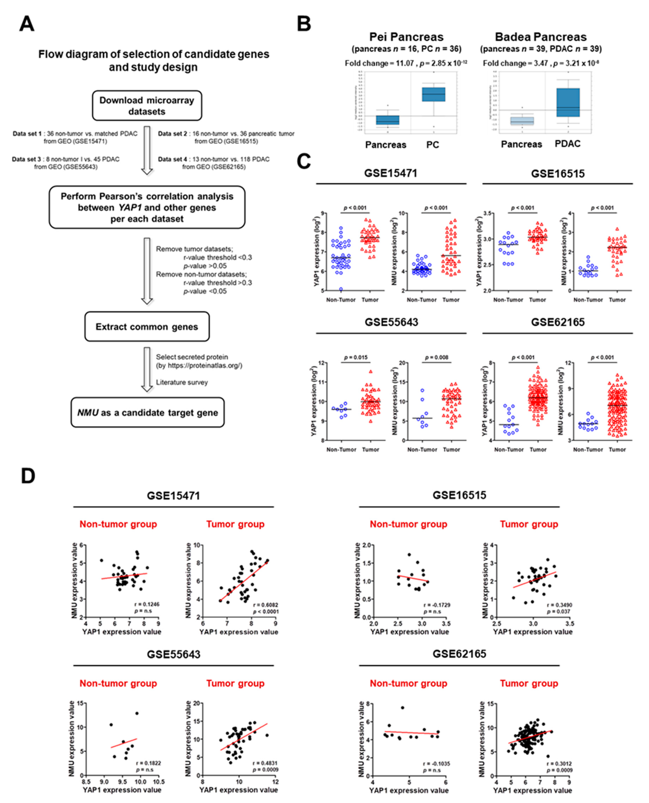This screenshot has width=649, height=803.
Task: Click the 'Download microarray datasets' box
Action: (x=147, y=106)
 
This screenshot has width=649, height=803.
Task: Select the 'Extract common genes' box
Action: (x=147, y=327)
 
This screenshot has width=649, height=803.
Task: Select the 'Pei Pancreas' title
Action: (x=406, y=37)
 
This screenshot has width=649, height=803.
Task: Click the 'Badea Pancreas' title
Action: (x=541, y=37)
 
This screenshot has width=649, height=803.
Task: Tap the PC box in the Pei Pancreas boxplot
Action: (x=434, y=94)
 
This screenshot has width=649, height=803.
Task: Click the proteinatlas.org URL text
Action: (x=199, y=365)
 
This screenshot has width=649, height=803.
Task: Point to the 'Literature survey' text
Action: (x=182, y=382)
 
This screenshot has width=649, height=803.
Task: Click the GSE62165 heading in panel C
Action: (x=557, y=322)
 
